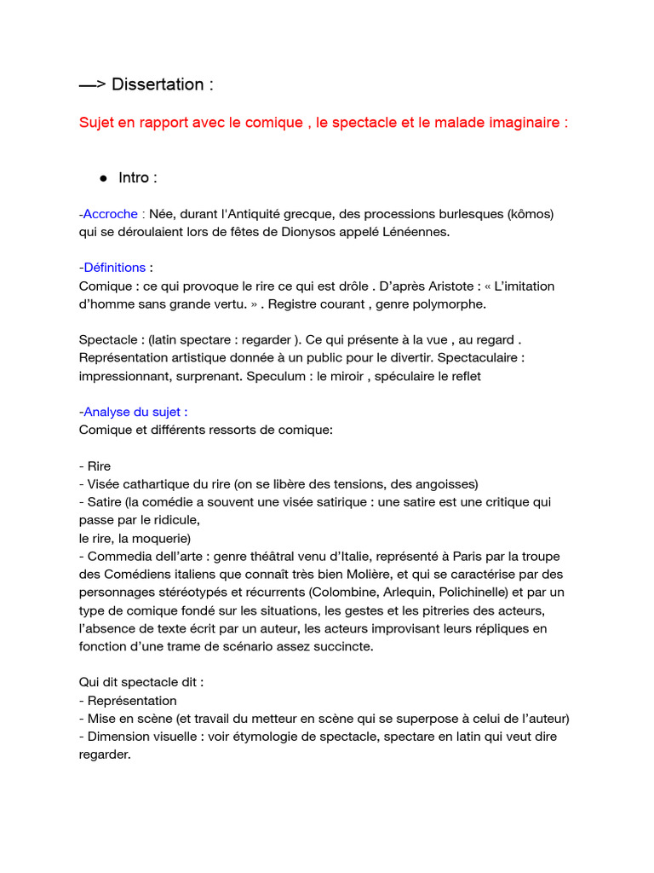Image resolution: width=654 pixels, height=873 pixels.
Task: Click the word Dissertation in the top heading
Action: (158, 84)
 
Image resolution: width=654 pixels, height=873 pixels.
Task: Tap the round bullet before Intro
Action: (103, 178)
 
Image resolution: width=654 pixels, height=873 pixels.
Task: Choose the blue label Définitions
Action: (114, 268)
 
